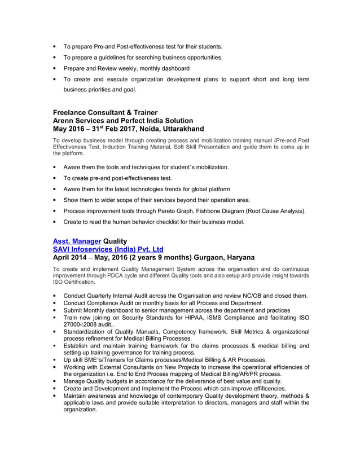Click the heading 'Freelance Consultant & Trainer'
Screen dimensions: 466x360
click(x=105, y=112)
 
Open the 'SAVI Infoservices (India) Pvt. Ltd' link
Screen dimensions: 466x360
click(x=108, y=249)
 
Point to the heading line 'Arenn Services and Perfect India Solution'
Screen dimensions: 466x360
click(x=122, y=120)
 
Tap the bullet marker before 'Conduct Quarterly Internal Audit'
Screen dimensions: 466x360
click(x=55, y=295)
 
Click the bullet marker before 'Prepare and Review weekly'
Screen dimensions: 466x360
click(x=55, y=69)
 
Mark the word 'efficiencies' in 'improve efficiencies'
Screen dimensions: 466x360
click(x=266, y=389)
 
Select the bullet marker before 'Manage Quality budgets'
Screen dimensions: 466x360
click(x=55, y=381)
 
